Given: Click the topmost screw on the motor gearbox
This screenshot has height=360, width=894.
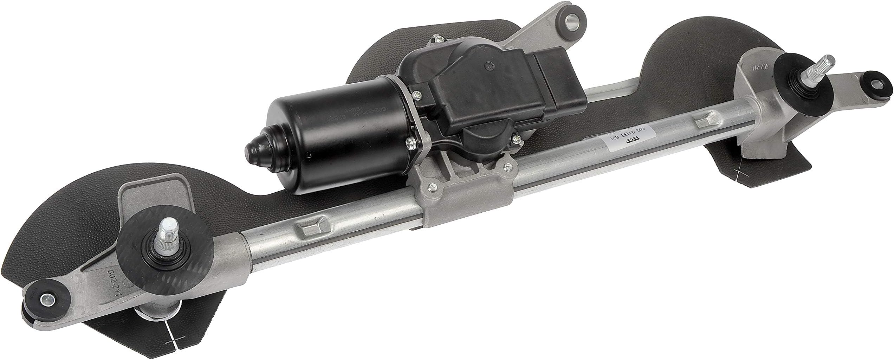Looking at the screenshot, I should [436, 37].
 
